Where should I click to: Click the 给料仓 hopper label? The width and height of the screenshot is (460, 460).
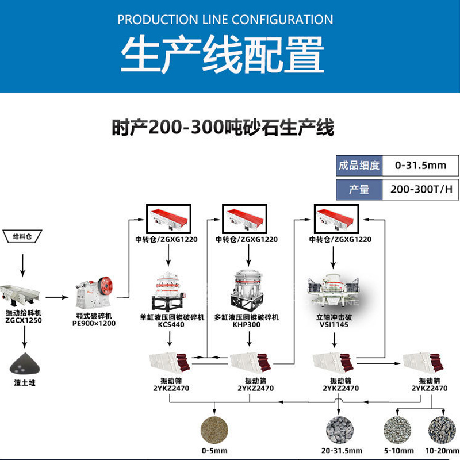point(22,236)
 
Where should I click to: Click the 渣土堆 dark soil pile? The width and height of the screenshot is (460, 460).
point(24,364)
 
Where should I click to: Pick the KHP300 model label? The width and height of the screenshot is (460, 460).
point(247,324)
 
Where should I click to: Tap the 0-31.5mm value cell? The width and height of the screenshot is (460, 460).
point(420,166)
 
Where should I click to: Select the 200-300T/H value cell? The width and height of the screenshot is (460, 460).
point(420,189)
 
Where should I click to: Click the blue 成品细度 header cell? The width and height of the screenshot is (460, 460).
point(359,166)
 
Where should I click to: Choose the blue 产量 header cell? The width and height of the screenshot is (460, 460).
point(359,189)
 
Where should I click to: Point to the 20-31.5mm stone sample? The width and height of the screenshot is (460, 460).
point(340,429)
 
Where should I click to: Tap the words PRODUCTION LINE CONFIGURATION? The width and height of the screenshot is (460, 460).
point(225,20)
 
